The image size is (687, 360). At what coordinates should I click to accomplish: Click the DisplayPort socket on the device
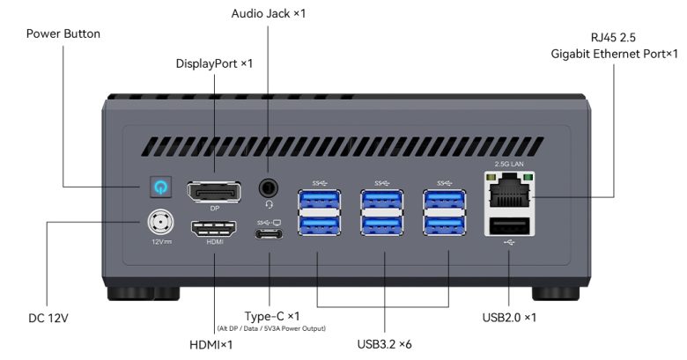[214, 192]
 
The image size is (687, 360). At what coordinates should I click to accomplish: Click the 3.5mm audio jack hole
[269, 187]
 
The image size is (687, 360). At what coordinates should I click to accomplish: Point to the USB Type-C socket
[269, 235]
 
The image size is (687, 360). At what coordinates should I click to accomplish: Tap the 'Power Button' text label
[63, 34]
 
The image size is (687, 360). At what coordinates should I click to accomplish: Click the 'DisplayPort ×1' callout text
[214, 64]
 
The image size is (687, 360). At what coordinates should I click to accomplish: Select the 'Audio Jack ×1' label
[269, 13]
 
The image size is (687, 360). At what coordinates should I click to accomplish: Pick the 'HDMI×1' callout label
[211, 344]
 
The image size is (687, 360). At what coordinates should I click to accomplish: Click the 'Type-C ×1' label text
[272, 315]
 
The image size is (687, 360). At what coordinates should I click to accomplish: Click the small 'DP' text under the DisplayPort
[214, 209]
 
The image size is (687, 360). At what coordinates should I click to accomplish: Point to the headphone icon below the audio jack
[269, 203]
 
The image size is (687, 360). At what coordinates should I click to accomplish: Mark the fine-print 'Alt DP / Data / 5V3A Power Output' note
[272, 328]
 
